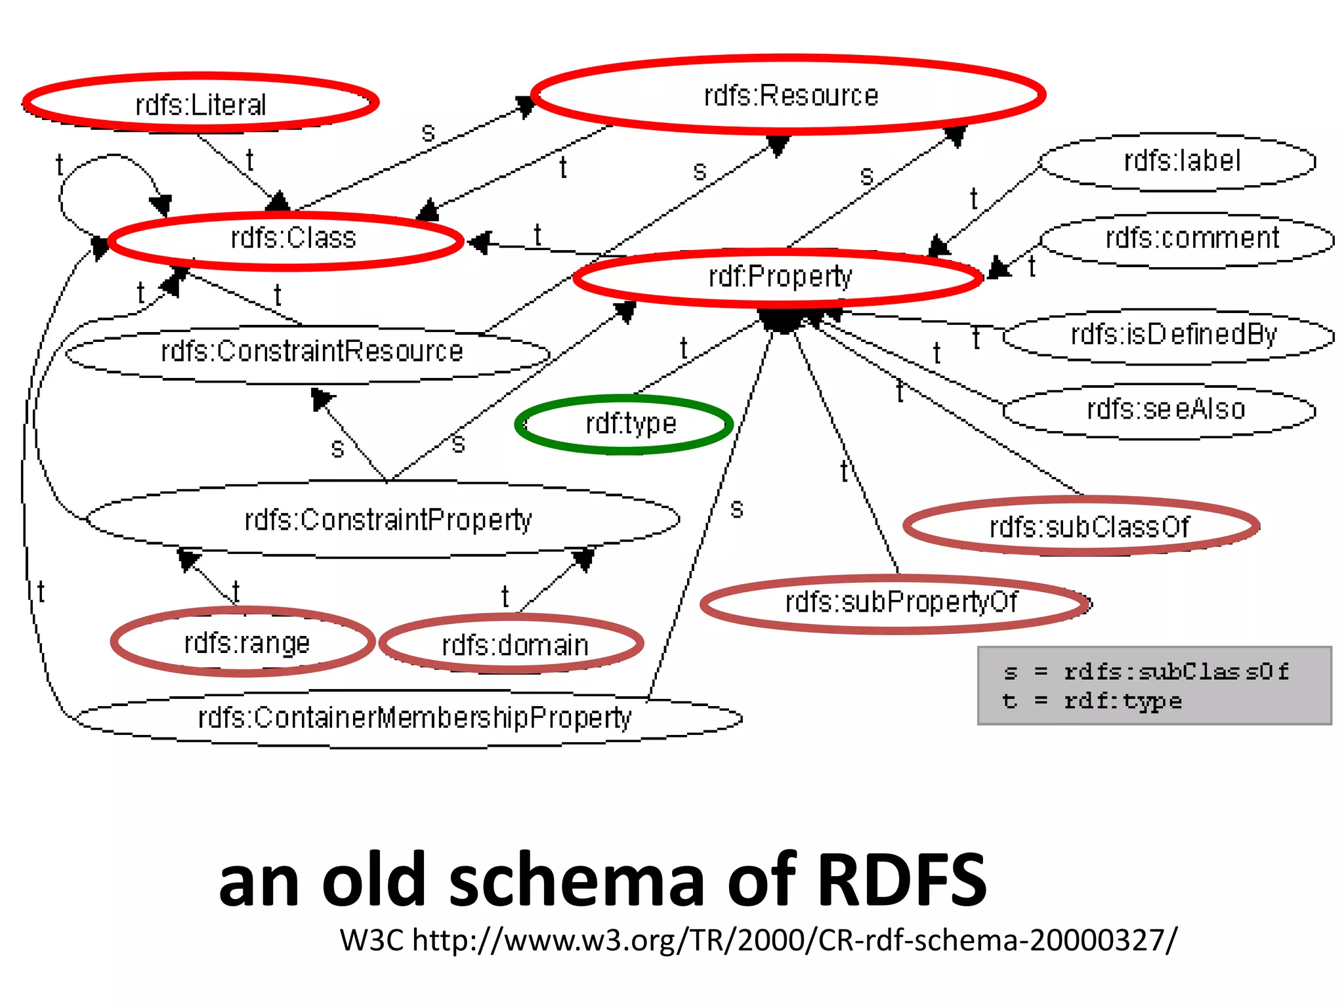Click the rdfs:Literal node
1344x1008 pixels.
pos(200,104)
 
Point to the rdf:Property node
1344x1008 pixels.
pos(779,277)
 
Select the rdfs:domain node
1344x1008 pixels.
pos(513,645)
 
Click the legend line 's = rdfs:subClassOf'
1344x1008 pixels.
pos(1145,671)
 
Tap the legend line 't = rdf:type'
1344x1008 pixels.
pos(1093,701)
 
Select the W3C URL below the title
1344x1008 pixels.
pos(758,940)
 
